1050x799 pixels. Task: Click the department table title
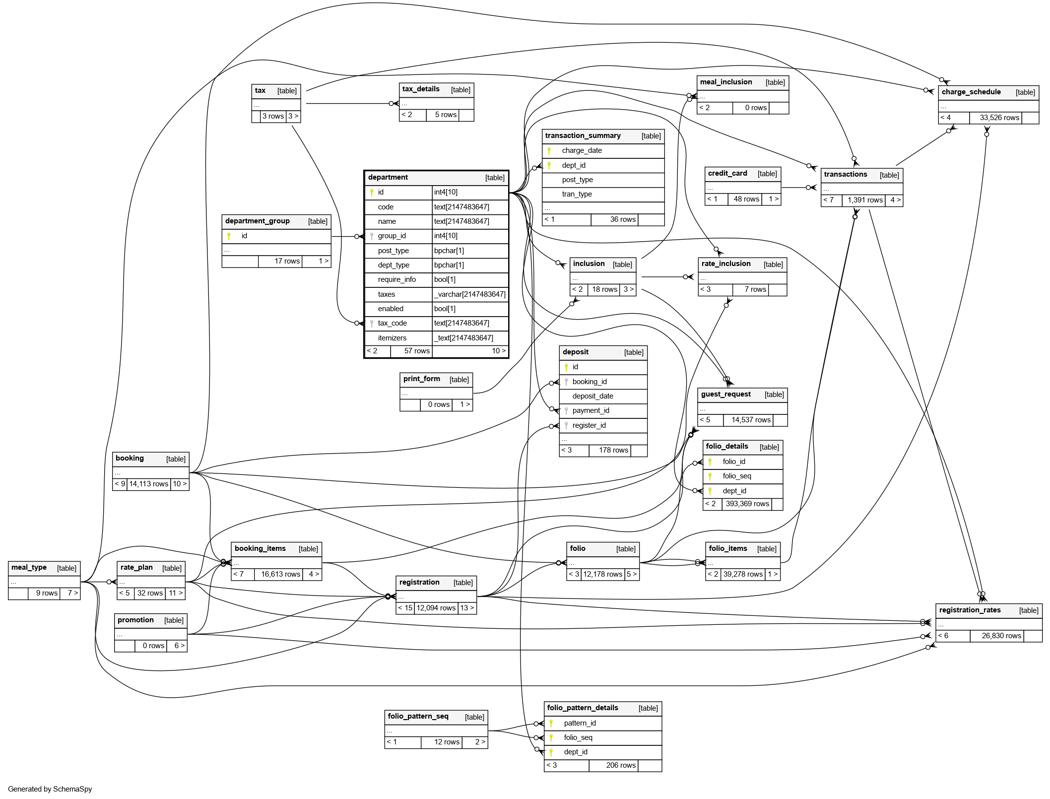388,177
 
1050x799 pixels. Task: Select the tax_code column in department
392,323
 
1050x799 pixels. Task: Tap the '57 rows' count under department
417,351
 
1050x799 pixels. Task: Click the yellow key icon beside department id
372,192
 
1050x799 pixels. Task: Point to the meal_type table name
29,567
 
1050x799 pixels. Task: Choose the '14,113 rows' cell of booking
149,484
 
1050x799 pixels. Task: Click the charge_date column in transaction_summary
582,150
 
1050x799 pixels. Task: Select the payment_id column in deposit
591,410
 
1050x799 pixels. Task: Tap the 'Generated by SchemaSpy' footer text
50,789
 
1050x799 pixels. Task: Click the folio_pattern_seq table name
418,716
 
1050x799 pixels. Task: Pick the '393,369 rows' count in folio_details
747,504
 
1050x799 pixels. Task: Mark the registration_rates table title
970,610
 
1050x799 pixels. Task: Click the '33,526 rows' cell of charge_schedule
999,118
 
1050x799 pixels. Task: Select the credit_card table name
727,173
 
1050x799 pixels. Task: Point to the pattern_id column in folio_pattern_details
580,723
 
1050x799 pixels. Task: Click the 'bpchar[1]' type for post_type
449,251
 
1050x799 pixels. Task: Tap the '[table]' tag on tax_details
460,90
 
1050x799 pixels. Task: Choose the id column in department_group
244,236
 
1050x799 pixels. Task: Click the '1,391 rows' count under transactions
865,200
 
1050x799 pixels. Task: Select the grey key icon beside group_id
372,236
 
